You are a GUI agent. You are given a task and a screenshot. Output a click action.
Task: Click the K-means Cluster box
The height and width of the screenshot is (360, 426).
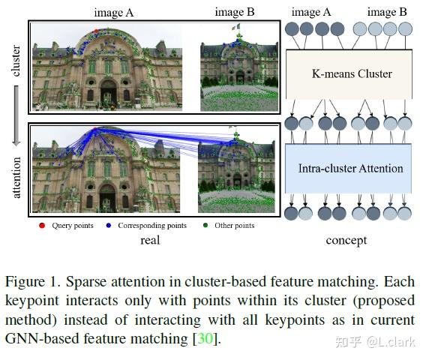point(351,74)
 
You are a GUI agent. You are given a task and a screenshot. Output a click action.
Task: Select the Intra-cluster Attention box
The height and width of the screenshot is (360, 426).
point(351,168)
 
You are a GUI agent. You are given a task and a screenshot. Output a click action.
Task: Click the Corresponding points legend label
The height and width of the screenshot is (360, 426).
point(156,226)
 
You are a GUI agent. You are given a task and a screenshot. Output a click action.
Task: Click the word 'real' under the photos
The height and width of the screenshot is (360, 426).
point(151,240)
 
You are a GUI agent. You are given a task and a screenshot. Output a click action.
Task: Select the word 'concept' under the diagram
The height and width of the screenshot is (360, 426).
point(346,240)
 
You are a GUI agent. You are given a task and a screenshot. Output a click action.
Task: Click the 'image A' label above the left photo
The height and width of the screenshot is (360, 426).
point(112,12)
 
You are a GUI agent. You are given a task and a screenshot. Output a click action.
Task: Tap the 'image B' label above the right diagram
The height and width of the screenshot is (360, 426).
point(386,12)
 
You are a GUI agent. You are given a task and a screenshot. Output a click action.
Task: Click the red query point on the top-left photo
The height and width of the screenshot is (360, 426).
point(96,31)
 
